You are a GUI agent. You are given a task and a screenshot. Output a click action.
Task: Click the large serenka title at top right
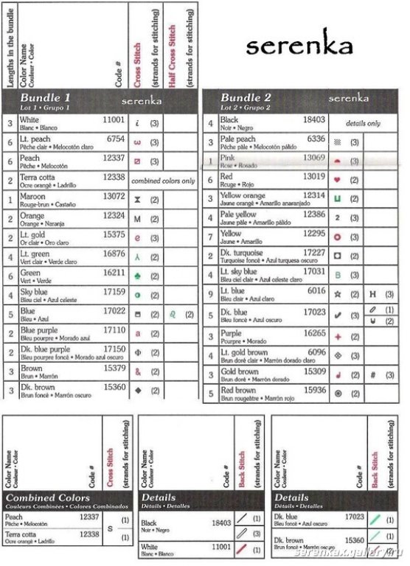click(299, 46)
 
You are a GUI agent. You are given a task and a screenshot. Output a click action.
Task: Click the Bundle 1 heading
click(46, 98)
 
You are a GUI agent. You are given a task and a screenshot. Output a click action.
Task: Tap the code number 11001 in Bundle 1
click(114, 119)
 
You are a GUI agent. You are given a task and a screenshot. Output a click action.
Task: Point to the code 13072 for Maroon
click(114, 196)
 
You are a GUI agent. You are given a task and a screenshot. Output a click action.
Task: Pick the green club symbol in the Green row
click(137, 274)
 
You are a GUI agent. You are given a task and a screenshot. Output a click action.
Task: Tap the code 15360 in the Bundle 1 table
click(114, 386)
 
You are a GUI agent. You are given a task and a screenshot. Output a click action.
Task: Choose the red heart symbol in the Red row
click(337, 178)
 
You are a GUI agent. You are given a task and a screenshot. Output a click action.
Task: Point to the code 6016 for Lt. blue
click(316, 291)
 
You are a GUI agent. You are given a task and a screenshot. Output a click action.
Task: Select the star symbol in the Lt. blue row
click(337, 294)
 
